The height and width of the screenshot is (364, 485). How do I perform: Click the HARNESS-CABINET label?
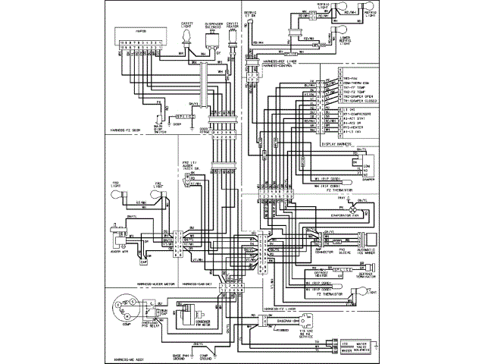tap(195, 283)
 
